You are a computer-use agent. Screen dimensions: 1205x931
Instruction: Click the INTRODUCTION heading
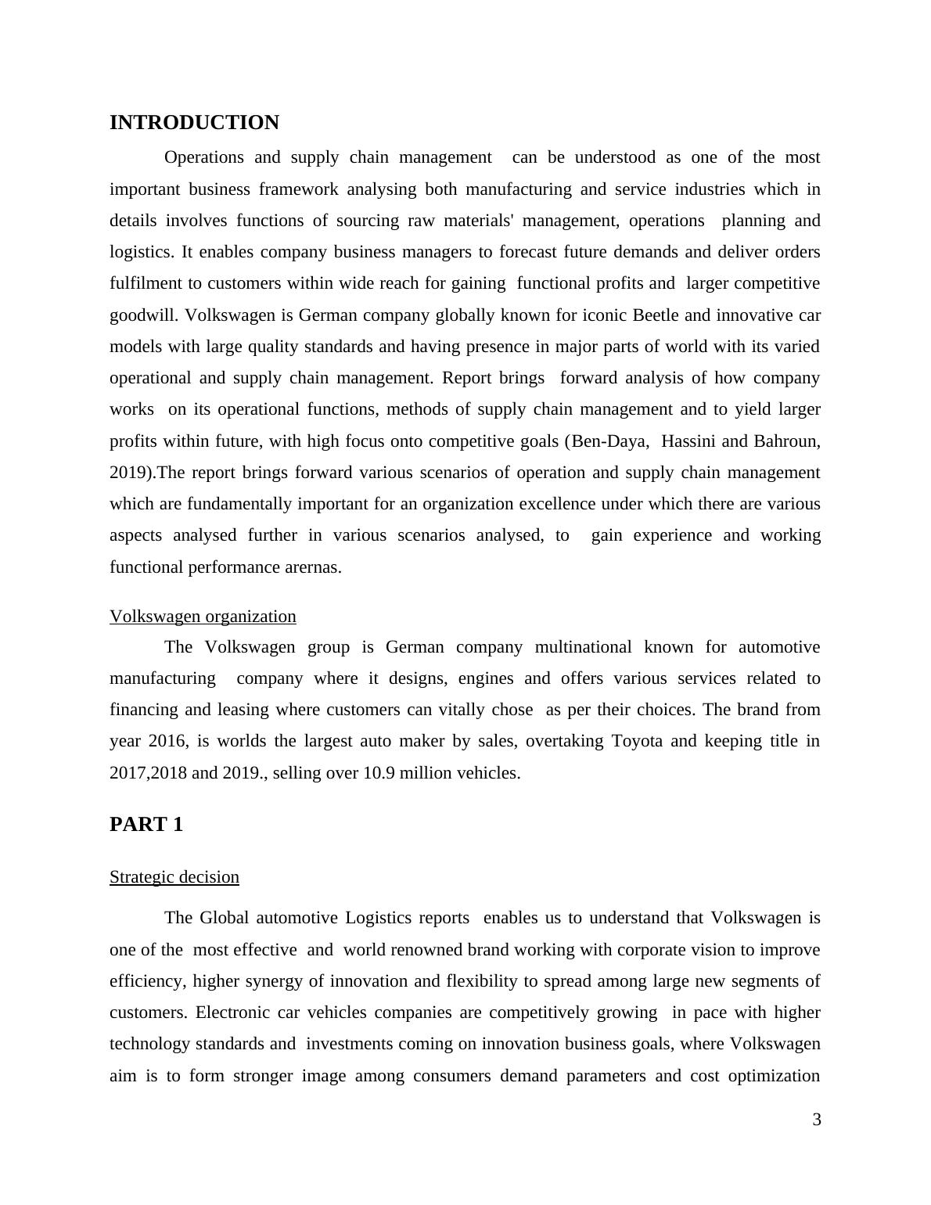pyautogui.click(x=194, y=123)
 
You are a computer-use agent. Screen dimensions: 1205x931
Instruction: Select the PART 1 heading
pyautogui.click(x=146, y=825)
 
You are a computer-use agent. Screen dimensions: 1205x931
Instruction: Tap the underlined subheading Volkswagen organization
pyautogui.click(x=203, y=617)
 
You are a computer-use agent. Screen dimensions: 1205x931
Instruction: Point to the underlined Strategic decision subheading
pyautogui.click(x=174, y=877)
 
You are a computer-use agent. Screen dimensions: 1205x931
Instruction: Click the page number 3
pyautogui.click(x=817, y=1120)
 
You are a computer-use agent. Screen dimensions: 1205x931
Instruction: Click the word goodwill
pyautogui.click(x=143, y=315)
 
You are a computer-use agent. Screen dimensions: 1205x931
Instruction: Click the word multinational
pyautogui.click(x=583, y=647)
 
